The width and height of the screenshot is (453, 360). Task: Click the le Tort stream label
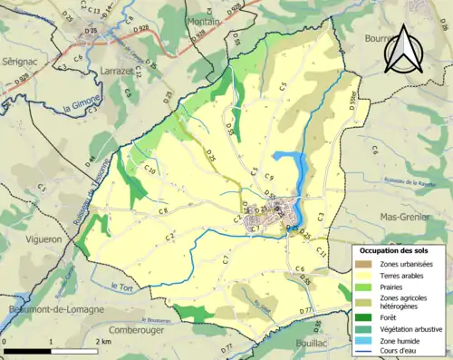point(120,287)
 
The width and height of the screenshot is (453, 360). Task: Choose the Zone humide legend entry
point(405,341)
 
